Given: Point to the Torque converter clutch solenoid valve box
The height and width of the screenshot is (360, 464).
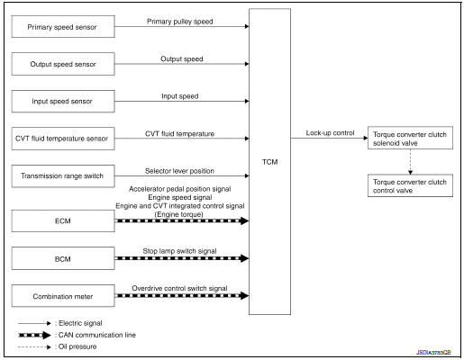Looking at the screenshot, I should [x=410, y=140].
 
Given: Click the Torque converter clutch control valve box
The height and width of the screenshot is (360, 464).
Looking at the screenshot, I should [x=410, y=185].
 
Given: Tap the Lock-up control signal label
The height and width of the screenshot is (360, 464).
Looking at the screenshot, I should [x=330, y=132].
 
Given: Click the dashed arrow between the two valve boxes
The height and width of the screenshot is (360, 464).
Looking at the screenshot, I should [x=410, y=163].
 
